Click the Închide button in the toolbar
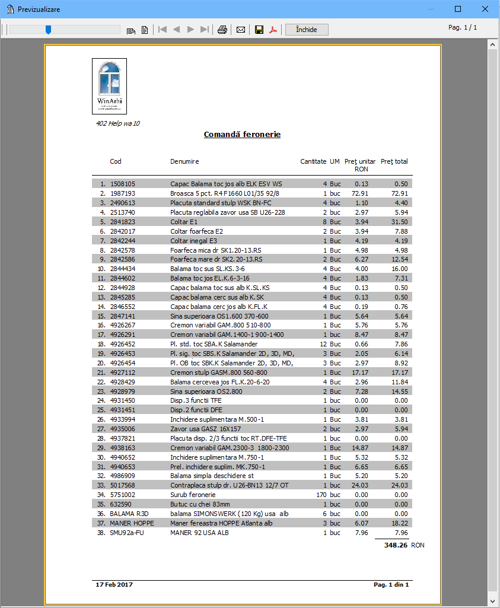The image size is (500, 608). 307,30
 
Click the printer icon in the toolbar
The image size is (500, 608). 222,30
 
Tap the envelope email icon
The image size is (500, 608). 241,30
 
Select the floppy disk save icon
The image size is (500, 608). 259,30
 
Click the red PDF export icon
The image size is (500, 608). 273,30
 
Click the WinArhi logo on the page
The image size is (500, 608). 109,86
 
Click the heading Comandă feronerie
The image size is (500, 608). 242,135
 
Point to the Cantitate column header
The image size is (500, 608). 313,161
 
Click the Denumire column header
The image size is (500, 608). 184,161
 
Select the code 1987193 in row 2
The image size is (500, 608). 123,193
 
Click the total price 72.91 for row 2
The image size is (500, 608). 400,193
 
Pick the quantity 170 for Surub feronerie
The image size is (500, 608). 321,495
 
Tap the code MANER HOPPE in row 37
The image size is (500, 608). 132,523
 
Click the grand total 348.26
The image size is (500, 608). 396,545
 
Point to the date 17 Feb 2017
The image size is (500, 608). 114,584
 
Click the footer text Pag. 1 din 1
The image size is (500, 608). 391,584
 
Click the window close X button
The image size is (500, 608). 484,9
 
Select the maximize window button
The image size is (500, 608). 457,9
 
